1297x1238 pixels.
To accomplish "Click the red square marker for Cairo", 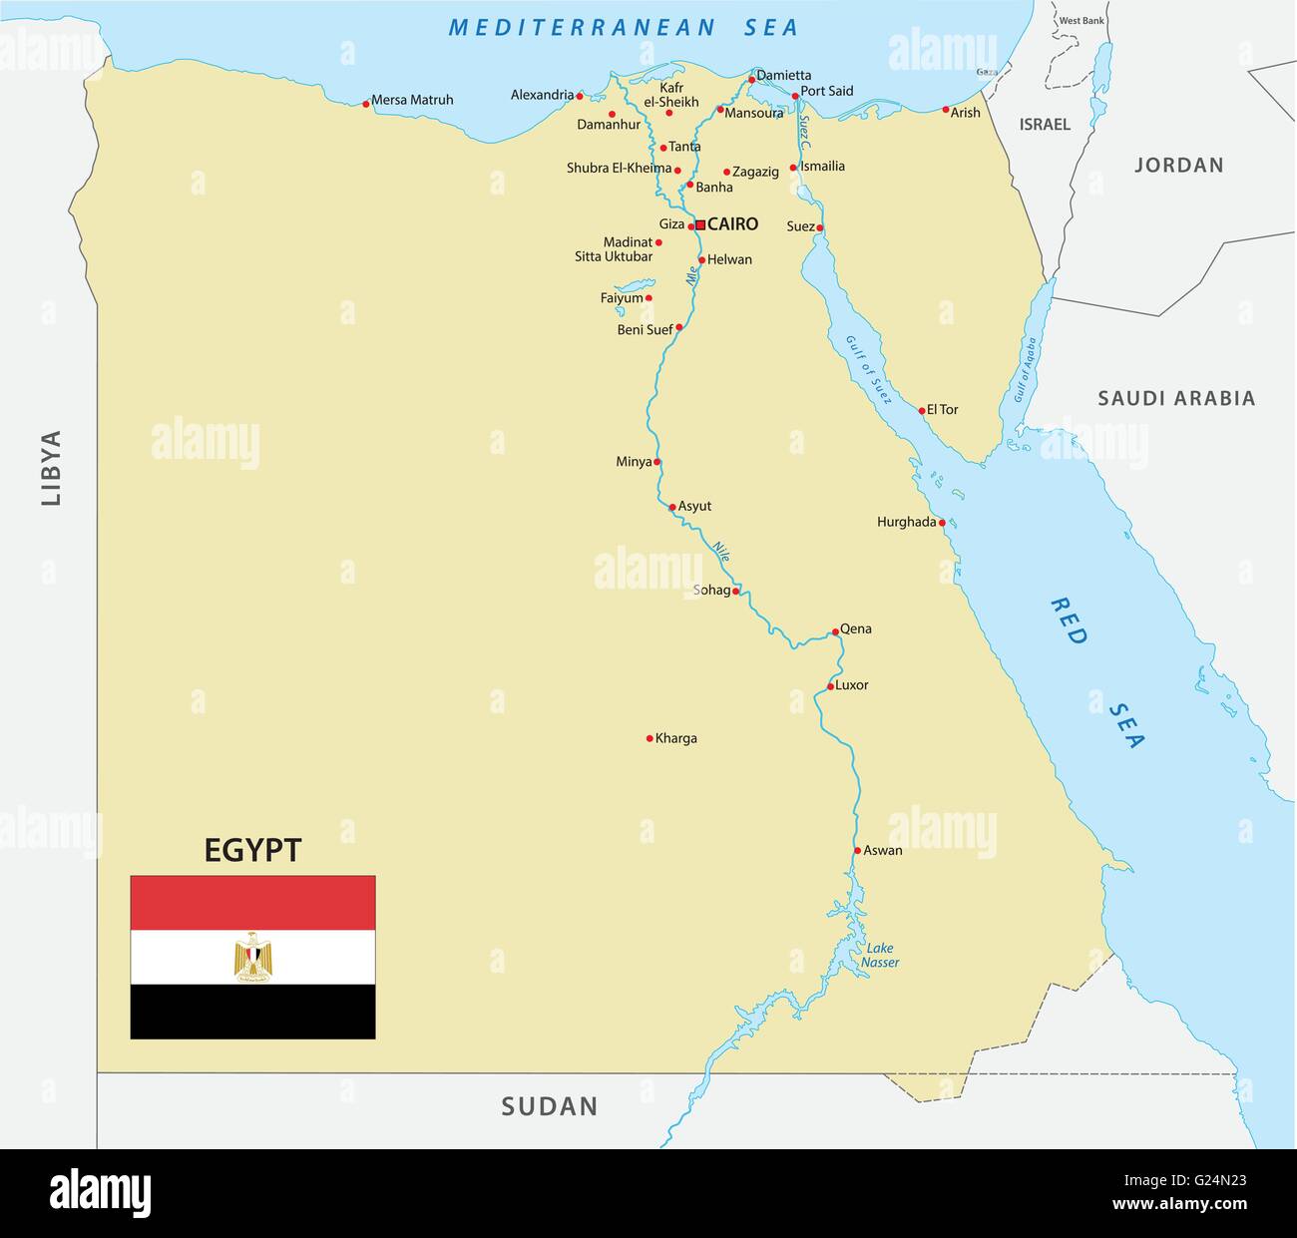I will tap(700, 225).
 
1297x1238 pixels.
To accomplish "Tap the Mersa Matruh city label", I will tap(412, 100).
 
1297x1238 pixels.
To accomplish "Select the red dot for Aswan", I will tap(857, 851).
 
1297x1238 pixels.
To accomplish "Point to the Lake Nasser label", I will tap(880, 956).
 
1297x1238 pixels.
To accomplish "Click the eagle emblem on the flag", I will tap(253, 958).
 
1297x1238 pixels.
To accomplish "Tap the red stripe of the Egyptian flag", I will tap(253, 903).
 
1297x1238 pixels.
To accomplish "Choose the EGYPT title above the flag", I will tap(252, 850).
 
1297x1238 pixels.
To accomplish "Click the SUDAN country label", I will tap(550, 1106).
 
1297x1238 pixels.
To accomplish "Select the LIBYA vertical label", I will tap(51, 468).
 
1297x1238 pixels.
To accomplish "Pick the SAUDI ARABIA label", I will tap(1176, 399).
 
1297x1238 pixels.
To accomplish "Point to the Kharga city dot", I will tap(649, 739).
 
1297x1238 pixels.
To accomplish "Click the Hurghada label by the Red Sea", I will tap(906, 522).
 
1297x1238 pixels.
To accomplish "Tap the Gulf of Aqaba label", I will tap(1026, 369).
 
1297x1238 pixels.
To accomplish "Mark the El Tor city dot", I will tap(921, 410).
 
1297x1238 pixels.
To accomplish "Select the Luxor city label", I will tap(851, 685).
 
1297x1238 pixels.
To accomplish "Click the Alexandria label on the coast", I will tap(542, 95).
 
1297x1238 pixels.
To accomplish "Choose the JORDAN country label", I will tap(1178, 166).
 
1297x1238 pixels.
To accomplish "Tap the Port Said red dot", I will tap(795, 97).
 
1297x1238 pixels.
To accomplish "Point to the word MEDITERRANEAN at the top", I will tap(582, 28).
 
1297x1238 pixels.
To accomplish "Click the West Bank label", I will tap(1081, 21).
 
